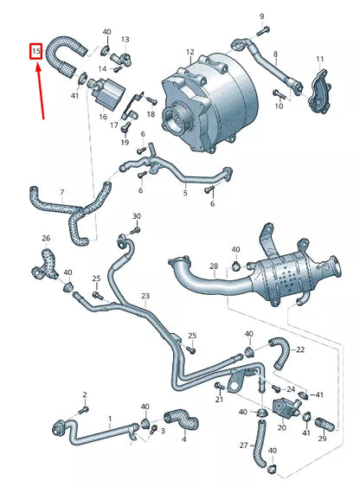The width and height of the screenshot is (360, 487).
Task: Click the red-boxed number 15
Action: pyautogui.click(x=35, y=52)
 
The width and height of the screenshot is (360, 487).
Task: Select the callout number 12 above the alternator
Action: pyautogui.click(x=190, y=51)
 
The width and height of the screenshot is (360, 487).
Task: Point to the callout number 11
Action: pyautogui.click(x=319, y=59)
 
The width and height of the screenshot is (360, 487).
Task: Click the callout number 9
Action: pyautogui.click(x=261, y=16)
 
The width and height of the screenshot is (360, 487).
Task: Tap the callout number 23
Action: pyautogui.click(x=145, y=296)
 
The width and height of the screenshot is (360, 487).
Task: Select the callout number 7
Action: pyautogui.click(x=61, y=192)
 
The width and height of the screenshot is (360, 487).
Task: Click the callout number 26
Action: pyautogui.click(x=46, y=238)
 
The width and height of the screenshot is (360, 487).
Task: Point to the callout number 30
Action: pyautogui.click(x=136, y=215)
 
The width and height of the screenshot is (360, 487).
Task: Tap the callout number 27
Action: pyautogui.click(x=243, y=445)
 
